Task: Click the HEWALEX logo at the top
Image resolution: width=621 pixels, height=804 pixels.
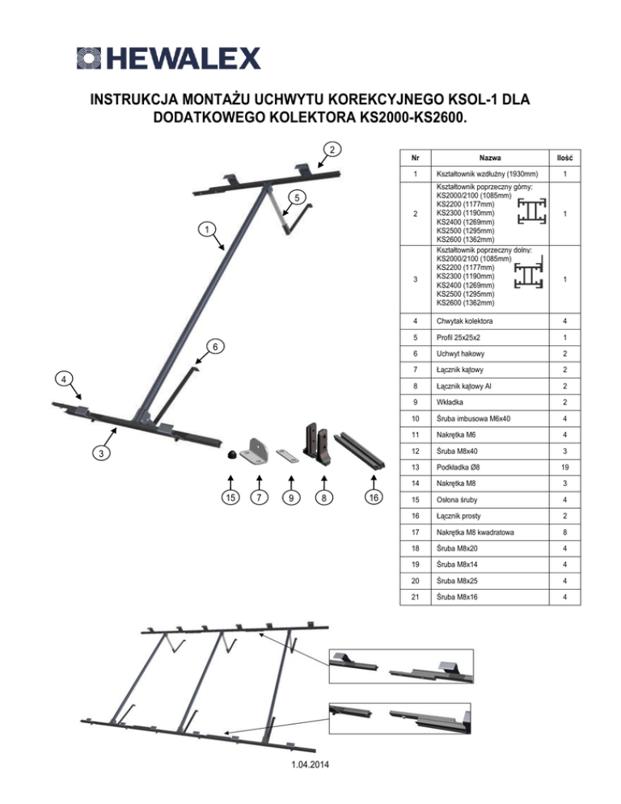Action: coord(168,58)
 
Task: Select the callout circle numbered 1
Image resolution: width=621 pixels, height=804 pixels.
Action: coord(207,230)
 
